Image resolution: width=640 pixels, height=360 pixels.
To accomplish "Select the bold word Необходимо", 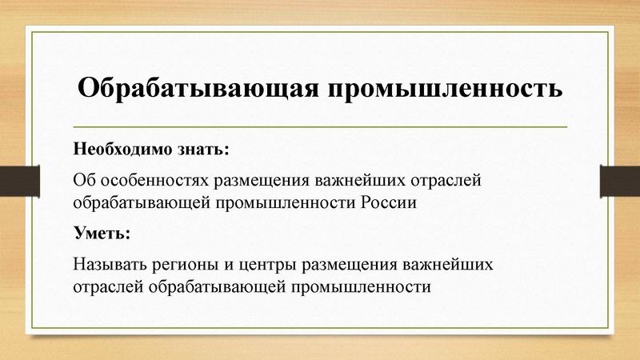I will tap(117, 150).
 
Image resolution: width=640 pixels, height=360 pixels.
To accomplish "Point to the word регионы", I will tap(180, 263).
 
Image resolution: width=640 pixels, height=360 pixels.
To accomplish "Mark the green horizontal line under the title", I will tap(320, 126).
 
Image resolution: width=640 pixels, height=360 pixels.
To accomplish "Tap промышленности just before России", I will tap(284, 202).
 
